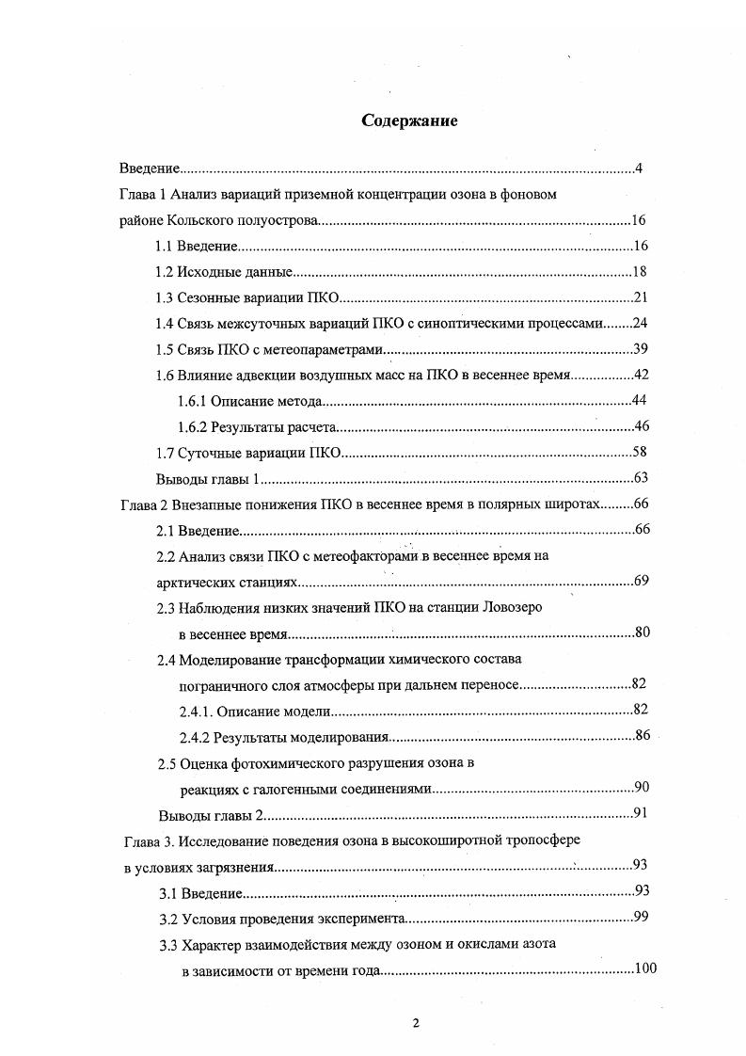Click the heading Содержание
pyautogui.click(x=409, y=121)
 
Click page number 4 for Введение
pyautogui.click(x=638, y=168)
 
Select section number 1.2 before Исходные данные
pyautogui.click(x=165, y=272)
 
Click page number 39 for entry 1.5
pyautogui.click(x=639, y=349)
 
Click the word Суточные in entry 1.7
pyautogui.click(x=205, y=452)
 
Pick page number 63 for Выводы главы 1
pyautogui.click(x=639, y=477)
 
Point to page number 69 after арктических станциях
pyautogui.click(x=641, y=580)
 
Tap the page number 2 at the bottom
pyautogui.click(x=414, y=1024)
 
